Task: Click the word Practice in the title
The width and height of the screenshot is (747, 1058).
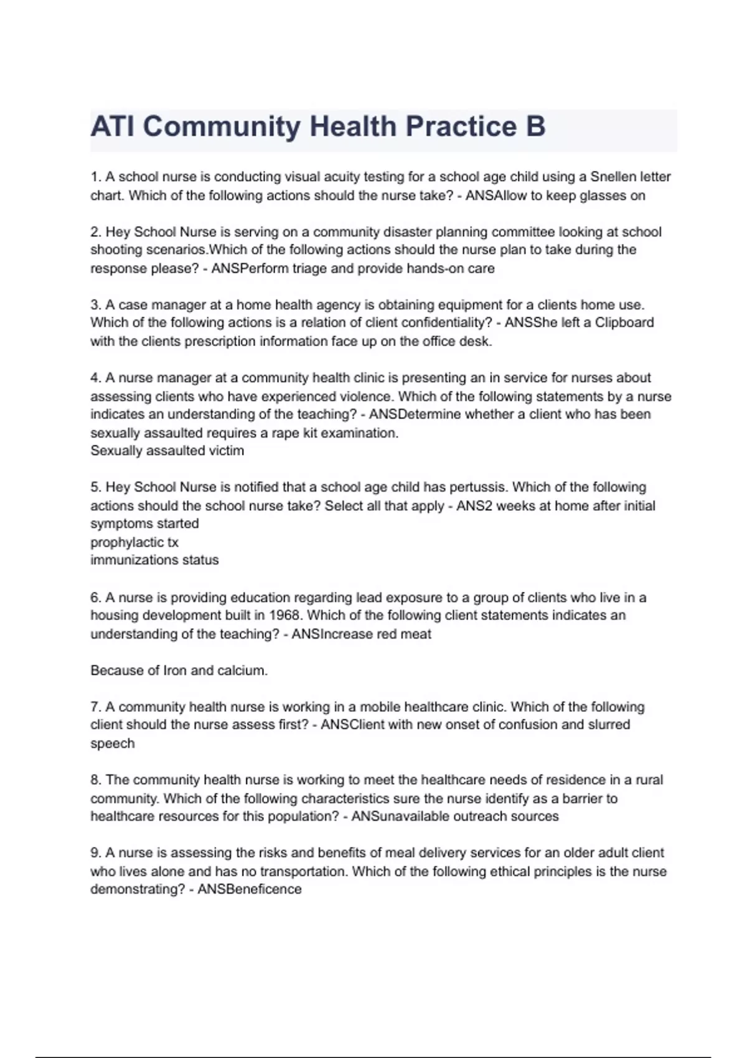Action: click(461, 126)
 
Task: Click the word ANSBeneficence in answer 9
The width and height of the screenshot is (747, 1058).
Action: click(249, 889)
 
